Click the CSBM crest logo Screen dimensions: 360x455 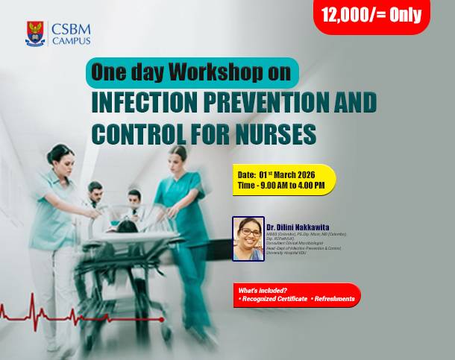(x=35, y=34)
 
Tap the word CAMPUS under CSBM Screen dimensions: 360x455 (x=72, y=41)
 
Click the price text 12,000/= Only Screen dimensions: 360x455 (x=371, y=15)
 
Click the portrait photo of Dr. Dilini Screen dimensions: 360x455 (x=248, y=239)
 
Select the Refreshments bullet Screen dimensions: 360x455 (x=334, y=299)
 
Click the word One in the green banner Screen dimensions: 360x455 (x=105, y=72)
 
